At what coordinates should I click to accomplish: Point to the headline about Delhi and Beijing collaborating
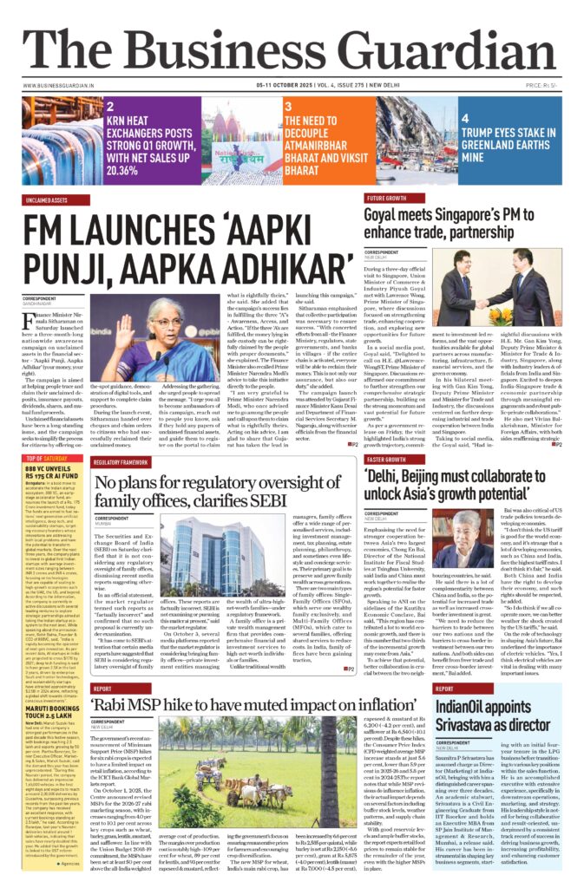465,482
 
